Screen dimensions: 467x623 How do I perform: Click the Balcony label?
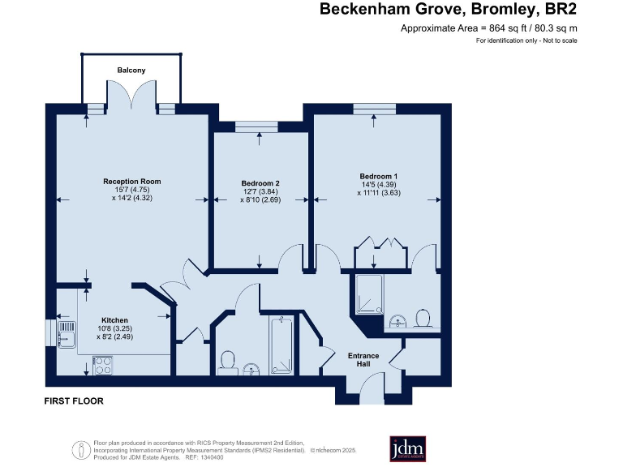131,71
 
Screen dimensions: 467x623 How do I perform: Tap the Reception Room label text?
131,181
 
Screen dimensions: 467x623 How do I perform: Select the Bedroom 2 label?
260,183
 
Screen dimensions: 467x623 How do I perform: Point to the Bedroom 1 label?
379,176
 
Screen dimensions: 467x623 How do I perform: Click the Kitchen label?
114,319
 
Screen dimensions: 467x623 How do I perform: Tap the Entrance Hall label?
363,360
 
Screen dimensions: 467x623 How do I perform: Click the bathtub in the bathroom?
282,344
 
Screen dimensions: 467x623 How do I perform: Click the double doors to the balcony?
131,97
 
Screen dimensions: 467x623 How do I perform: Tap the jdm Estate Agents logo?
408,448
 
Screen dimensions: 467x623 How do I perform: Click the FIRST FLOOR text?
74,401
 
